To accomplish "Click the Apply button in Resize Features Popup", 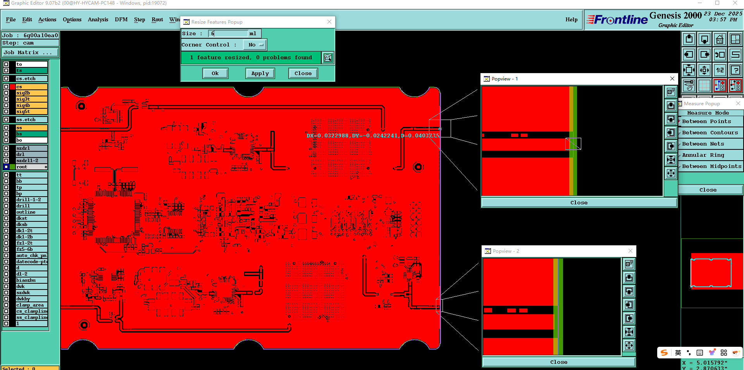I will coord(260,73).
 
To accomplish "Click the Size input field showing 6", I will coord(229,34).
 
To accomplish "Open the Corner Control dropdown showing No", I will coord(255,45).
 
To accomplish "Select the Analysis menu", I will coord(98,20).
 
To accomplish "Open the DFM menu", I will coord(121,20).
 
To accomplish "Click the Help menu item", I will coord(571,20).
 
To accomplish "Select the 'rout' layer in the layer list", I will coord(31,167).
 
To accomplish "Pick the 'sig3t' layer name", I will coord(31,99).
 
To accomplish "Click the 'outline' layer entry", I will coord(31,212).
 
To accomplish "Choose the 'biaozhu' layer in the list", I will coord(31,280).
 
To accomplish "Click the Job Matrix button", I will coord(30,53).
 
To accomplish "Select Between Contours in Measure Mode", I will coord(710,133).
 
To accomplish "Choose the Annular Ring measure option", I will coord(703,155).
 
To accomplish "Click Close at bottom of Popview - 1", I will coord(579,202).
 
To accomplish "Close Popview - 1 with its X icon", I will coord(672,79).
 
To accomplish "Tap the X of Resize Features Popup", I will coord(329,22).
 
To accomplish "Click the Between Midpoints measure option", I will coord(711,166).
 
